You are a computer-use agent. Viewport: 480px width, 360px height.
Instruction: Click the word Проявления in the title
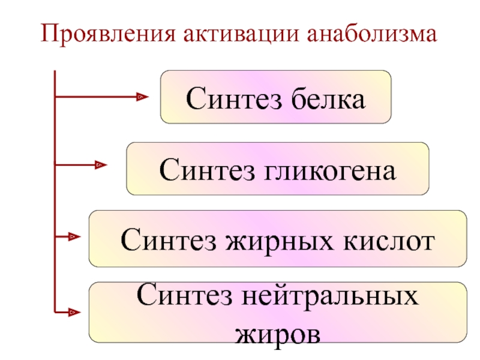point(108,34)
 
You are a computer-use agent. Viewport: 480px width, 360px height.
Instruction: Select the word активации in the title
point(241,33)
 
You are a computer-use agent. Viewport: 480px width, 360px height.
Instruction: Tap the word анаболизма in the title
point(371,33)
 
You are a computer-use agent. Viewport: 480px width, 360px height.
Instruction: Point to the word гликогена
point(329,170)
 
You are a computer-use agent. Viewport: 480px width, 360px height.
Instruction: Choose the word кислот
point(389,241)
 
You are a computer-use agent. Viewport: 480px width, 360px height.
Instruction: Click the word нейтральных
point(329,295)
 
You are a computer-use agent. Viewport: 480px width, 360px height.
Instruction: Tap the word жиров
point(278,335)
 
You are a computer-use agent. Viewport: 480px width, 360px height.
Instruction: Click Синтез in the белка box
point(233,98)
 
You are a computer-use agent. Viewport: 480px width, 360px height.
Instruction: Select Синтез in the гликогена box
point(207,169)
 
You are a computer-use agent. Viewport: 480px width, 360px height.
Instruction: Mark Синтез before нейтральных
point(184,294)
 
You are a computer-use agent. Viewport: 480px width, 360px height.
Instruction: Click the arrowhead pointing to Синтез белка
point(143,97)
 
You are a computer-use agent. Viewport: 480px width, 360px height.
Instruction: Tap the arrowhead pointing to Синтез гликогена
point(101,165)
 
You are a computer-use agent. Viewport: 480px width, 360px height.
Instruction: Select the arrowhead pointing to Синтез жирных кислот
point(74,236)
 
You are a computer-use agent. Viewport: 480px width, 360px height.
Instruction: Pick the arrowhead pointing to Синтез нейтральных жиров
point(74,313)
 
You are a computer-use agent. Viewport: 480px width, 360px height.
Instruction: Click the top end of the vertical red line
point(55,71)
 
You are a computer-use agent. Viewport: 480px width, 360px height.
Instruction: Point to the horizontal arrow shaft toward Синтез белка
point(96,97)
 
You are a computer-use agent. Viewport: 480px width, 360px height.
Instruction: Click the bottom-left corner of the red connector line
point(55,313)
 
